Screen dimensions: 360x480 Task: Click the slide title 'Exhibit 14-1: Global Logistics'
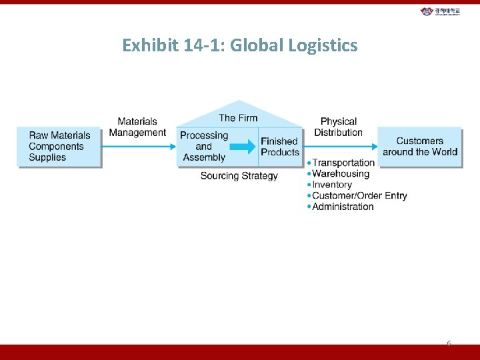[240, 45]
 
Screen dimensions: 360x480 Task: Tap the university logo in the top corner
[440, 11]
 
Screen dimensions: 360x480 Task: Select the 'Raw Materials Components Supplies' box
[59, 147]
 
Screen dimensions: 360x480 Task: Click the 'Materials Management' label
[137, 127]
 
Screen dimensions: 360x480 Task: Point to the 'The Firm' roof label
[238, 118]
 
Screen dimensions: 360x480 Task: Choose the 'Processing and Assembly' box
[204, 147]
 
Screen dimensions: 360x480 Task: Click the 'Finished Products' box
[280, 147]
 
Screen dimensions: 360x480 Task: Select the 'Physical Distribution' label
[339, 127]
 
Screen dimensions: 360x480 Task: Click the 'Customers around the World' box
[419, 146]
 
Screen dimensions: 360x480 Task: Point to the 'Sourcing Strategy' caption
[239, 176]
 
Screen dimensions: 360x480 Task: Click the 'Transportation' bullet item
[343, 163]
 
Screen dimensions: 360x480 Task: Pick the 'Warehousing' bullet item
[341, 174]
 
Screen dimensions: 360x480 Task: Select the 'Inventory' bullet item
[332, 185]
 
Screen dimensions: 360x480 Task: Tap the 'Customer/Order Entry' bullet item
[359, 195]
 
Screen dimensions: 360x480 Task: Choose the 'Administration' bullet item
[343, 207]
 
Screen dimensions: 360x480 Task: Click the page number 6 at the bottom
[449, 343]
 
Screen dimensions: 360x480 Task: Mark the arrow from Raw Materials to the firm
[139, 147]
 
